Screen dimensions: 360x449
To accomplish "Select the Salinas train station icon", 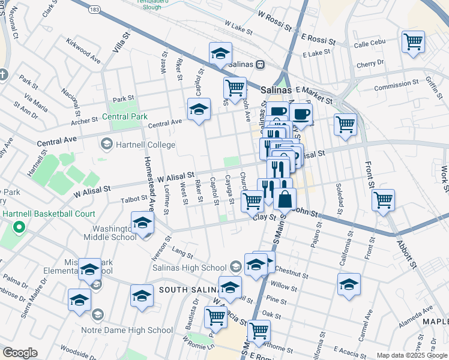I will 260,65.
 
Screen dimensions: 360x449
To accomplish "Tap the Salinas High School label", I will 189,268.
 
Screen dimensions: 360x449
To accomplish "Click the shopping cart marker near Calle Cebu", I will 413,42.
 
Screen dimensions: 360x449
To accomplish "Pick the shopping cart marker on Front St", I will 383,199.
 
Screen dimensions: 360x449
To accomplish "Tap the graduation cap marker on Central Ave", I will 199,109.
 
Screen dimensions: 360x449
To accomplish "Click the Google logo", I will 20,353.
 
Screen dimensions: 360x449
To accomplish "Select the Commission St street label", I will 396,85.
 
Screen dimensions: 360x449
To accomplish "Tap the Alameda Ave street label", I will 419,315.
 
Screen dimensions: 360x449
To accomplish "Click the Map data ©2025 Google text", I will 412,355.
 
